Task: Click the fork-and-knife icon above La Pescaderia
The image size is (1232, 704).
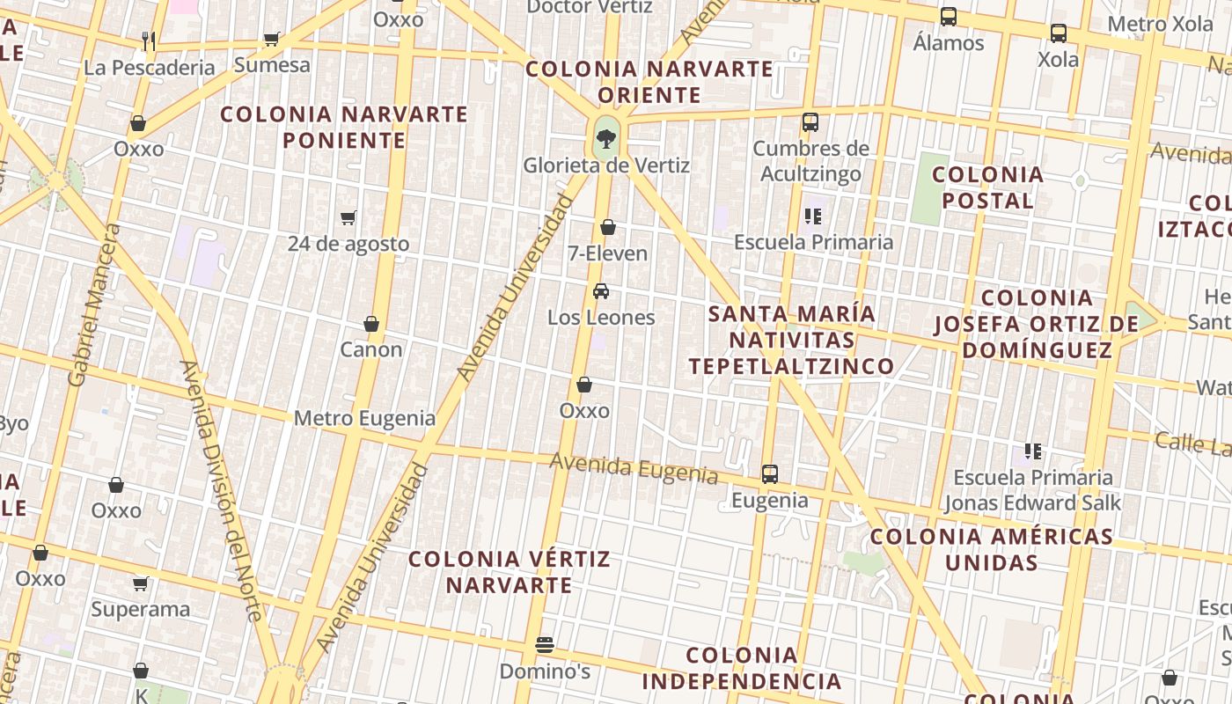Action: point(148,40)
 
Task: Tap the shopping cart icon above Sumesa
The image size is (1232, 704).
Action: point(272,39)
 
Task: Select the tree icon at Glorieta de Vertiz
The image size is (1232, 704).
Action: point(605,137)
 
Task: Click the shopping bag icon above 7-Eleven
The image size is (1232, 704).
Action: point(607,228)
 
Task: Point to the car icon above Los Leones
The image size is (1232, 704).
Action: point(601,291)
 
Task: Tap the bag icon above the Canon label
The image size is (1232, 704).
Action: point(371,324)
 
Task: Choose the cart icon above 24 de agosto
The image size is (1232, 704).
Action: point(348,217)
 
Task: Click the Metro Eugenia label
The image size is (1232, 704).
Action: point(364,418)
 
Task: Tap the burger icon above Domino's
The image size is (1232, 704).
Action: point(545,645)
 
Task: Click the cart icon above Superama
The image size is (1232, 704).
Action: point(140,583)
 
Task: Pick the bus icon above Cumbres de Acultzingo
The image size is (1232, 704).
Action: point(810,122)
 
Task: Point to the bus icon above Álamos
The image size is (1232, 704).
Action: point(948,17)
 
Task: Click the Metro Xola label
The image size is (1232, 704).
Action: point(1160,24)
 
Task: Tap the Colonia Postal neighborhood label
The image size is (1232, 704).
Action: point(987,187)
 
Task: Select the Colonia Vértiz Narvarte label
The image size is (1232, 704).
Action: point(509,572)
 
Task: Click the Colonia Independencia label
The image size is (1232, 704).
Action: point(741,668)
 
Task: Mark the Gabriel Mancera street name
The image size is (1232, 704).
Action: point(92,304)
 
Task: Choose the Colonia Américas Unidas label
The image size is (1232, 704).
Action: point(991,549)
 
